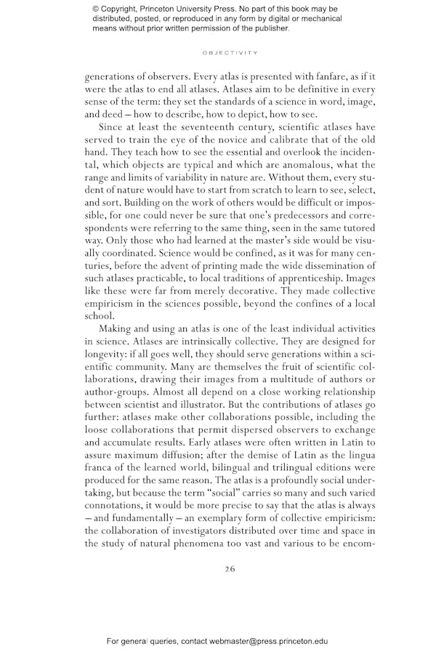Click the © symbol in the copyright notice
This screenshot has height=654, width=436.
click(96, 8)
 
